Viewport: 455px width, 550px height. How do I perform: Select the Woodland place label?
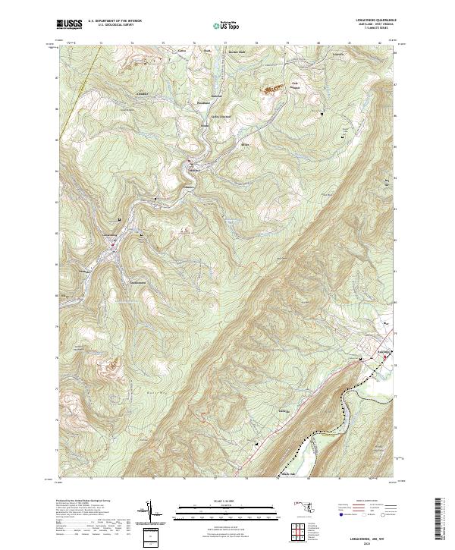coord(202,101)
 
